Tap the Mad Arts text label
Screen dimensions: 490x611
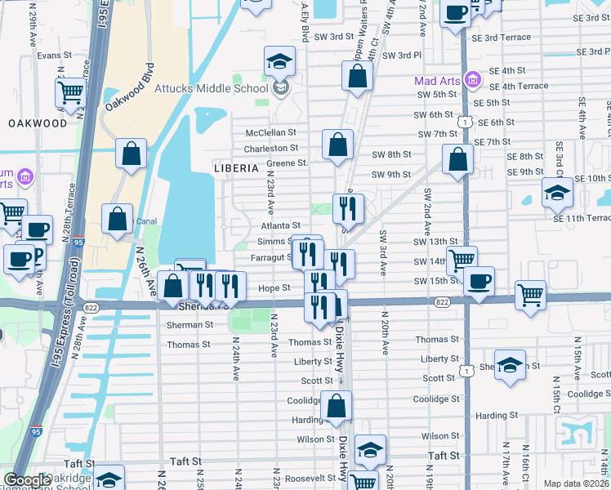pos(436,81)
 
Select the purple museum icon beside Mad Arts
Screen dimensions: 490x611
pos(471,80)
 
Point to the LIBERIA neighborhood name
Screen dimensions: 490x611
pos(236,167)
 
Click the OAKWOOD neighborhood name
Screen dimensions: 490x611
pos(38,123)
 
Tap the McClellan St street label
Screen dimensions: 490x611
pos(270,132)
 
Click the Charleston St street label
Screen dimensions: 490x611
pos(272,149)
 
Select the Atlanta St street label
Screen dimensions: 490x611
pos(281,225)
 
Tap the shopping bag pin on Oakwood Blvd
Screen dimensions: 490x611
pos(131,154)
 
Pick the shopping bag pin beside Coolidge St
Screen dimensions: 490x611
pos(336,406)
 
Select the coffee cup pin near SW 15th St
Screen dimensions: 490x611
pos(479,281)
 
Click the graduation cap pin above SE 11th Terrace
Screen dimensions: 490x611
pos(558,193)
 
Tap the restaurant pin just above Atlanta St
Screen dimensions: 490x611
pos(348,209)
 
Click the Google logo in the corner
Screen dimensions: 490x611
pos(26,480)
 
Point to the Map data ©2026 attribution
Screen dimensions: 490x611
pos(576,483)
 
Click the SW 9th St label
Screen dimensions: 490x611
pos(390,175)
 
